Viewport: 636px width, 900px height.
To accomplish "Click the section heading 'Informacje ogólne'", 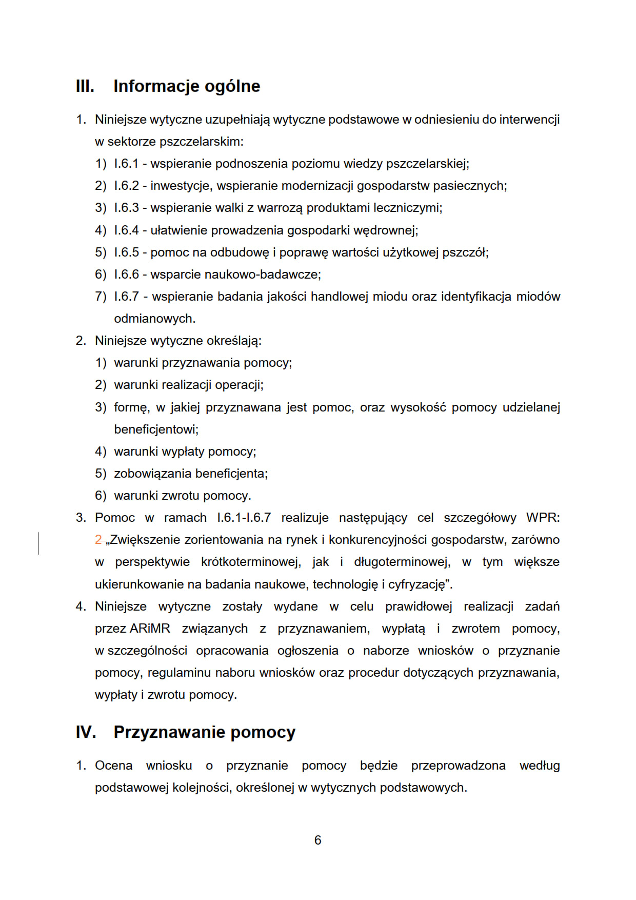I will click(x=187, y=86).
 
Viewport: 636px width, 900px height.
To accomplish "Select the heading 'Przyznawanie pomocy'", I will click(x=204, y=732).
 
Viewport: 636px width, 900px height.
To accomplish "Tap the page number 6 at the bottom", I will click(x=318, y=840).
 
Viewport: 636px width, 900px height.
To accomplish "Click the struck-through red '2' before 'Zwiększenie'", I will click(x=99, y=540).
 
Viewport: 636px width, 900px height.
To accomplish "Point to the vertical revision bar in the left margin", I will click(x=38, y=543).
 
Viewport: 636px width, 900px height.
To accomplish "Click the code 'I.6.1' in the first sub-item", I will click(x=126, y=164).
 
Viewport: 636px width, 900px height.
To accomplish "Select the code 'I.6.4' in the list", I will click(x=126, y=230).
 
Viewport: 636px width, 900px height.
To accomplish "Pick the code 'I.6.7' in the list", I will click(x=126, y=297).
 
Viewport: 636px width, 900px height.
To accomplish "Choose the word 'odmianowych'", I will click(x=154, y=319).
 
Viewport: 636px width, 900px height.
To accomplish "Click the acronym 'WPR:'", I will click(x=543, y=518).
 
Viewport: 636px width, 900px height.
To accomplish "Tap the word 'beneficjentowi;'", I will click(x=156, y=429).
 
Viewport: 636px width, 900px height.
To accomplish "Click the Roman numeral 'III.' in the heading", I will click(x=85, y=86).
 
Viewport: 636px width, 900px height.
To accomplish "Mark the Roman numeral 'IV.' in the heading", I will click(x=86, y=732).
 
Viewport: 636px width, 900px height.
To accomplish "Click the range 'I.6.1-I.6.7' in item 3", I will click(x=244, y=518).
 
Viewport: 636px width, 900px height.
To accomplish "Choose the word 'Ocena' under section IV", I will click(x=113, y=766).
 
